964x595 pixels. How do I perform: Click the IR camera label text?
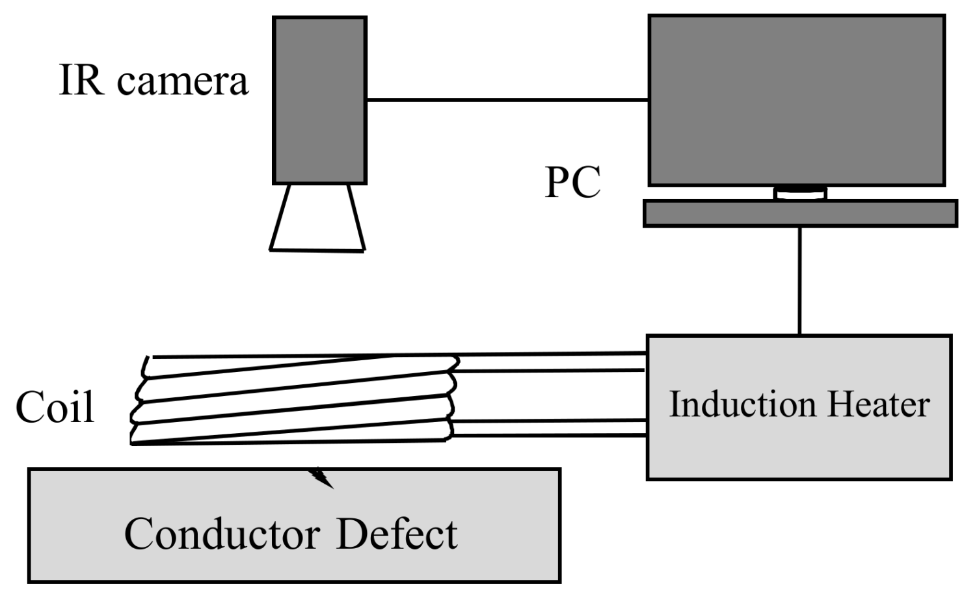point(154,81)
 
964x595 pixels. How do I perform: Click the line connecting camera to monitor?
point(507,100)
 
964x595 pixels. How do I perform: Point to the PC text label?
point(572,183)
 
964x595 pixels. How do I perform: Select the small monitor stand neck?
point(800,193)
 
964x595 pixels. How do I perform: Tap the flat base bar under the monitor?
point(800,213)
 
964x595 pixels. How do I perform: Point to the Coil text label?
point(55,408)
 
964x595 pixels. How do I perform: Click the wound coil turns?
point(293,400)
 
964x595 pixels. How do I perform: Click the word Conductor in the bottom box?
point(222,535)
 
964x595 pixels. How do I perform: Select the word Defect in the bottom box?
point(397,535)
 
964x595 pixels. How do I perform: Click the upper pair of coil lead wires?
point(553,362)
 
